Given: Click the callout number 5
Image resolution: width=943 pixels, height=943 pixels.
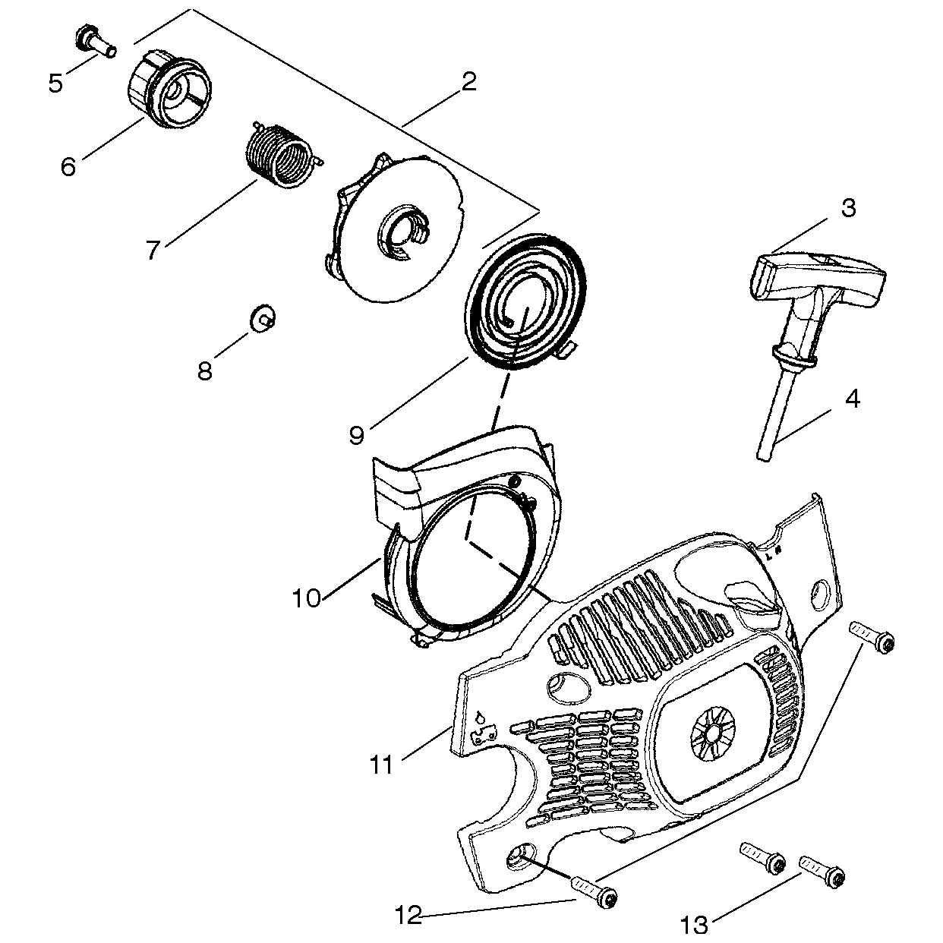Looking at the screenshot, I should (55, 83).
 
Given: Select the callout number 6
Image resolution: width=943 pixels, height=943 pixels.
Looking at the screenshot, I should (69, 166).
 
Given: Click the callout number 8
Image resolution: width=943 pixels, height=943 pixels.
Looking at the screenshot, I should (205, 371).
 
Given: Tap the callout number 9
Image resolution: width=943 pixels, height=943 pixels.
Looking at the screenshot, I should (357, 434).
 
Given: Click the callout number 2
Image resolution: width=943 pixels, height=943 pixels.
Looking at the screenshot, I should (469, 82).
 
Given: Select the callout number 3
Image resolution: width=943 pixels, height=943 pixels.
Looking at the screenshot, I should (848, 207).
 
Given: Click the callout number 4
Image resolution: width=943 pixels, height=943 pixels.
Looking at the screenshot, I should (853, 399).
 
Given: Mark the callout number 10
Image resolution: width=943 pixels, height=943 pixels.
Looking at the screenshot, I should (307, 598).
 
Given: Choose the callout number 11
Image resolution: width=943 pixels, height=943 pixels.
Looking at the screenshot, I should (383, 765).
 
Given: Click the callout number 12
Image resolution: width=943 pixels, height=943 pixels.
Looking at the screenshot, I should (408, 916).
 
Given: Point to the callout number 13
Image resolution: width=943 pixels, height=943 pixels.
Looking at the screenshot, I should (695, 925).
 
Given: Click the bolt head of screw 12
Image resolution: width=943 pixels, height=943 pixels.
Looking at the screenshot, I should (607, 899).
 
